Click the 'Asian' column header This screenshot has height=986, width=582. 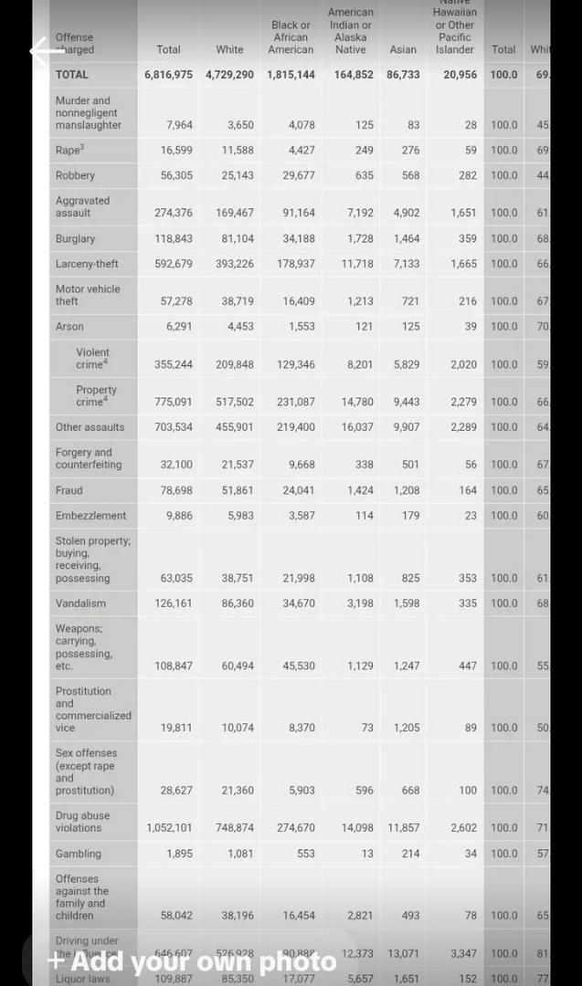point(403,49)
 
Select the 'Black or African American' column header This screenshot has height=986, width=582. point(291,37)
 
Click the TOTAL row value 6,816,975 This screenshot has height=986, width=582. point(168,75)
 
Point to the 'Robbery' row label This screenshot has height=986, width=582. point(75,175)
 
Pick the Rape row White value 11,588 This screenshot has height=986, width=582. point(237,151)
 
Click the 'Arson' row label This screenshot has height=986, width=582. point(69,327)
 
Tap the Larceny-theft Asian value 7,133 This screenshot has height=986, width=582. point(407,265)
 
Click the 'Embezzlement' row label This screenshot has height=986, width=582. point(90,516)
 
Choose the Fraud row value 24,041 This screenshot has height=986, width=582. point(298,490)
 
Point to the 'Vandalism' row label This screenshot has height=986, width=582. point(80,603)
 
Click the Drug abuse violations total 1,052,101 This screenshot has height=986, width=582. point(169,828)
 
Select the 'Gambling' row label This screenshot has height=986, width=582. point(78,855)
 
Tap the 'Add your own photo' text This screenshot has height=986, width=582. point(192,961)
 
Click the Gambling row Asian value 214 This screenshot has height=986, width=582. point(410,855)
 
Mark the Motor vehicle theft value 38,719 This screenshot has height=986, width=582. point(237,301)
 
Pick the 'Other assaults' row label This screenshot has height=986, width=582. point(90,427)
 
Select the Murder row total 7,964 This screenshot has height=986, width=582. point(179,125)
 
